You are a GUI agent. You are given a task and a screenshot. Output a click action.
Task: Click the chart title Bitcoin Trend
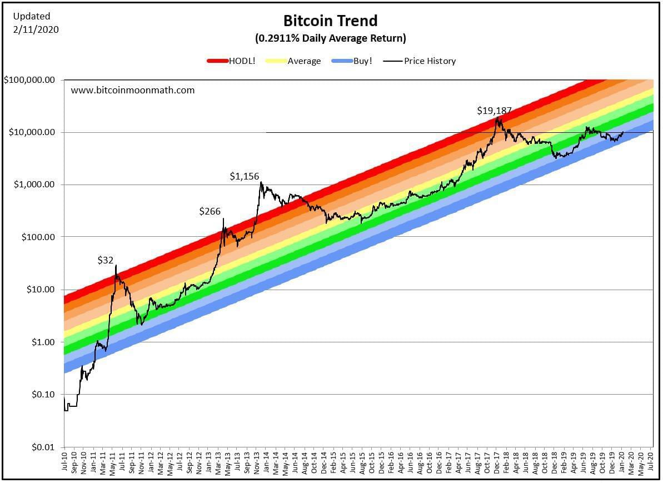point(330,21)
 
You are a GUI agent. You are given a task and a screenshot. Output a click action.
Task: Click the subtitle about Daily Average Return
point(330,38)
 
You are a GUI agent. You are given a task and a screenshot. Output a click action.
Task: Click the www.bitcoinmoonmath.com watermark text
point(133,89)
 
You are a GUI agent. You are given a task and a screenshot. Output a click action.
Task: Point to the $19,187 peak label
point(494,111)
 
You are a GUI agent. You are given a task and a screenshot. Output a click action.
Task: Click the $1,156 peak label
point(245,177)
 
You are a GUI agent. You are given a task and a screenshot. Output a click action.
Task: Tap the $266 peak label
point(210,211)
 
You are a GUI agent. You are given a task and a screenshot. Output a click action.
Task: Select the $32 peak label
point(106,260)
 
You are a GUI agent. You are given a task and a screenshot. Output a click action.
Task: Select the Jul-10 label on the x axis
point(64,462)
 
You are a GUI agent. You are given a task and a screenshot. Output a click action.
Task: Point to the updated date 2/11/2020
point(36,29)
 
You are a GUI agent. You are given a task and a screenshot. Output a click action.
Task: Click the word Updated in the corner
point(31,16)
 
